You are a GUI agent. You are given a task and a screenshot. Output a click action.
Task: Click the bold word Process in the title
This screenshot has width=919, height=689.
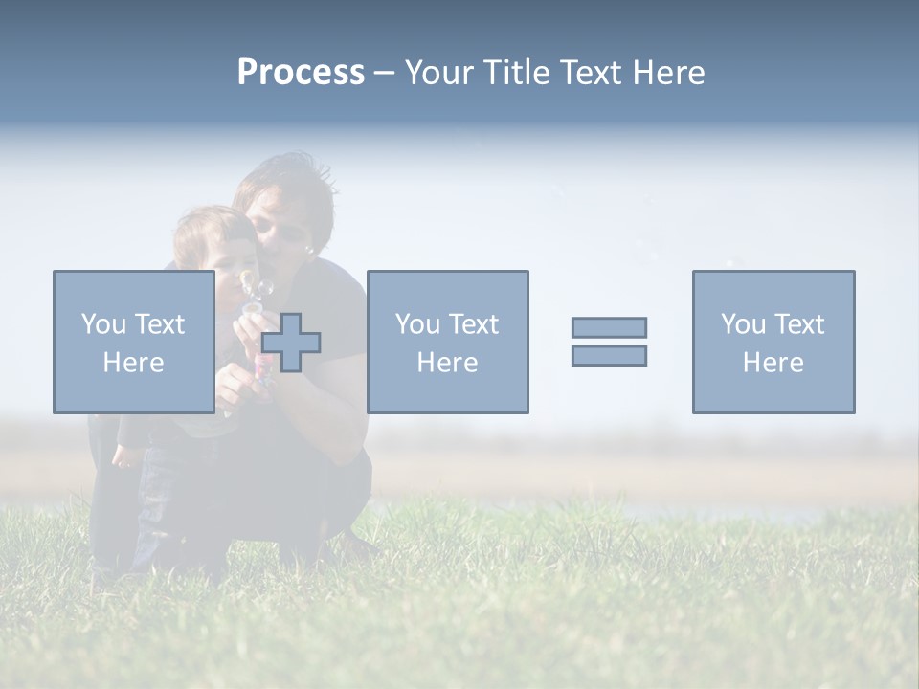tap(301, 73)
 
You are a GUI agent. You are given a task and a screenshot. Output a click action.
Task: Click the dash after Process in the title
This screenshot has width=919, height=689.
tap(384, 74)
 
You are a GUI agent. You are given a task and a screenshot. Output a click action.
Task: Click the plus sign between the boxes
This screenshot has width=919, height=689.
tap(291, 343)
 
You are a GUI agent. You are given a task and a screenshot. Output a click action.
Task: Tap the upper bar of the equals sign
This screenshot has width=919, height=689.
tap(609, 327)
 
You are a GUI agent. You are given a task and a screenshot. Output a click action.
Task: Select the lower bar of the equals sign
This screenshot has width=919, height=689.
tap(609, 356)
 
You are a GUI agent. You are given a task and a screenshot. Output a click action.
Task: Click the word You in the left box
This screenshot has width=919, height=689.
tap(103, 323)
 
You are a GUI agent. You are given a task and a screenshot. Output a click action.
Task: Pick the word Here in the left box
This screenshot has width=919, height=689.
tap(133, 363)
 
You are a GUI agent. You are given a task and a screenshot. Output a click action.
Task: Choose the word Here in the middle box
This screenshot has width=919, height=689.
tap(447, 363)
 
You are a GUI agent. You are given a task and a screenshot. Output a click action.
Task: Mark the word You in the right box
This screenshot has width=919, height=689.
tap(743, 323)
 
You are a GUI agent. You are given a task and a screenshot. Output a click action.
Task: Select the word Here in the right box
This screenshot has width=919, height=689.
tap(773, 363)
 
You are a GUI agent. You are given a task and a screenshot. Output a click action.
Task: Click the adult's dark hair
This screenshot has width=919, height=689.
tap(287, 182)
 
